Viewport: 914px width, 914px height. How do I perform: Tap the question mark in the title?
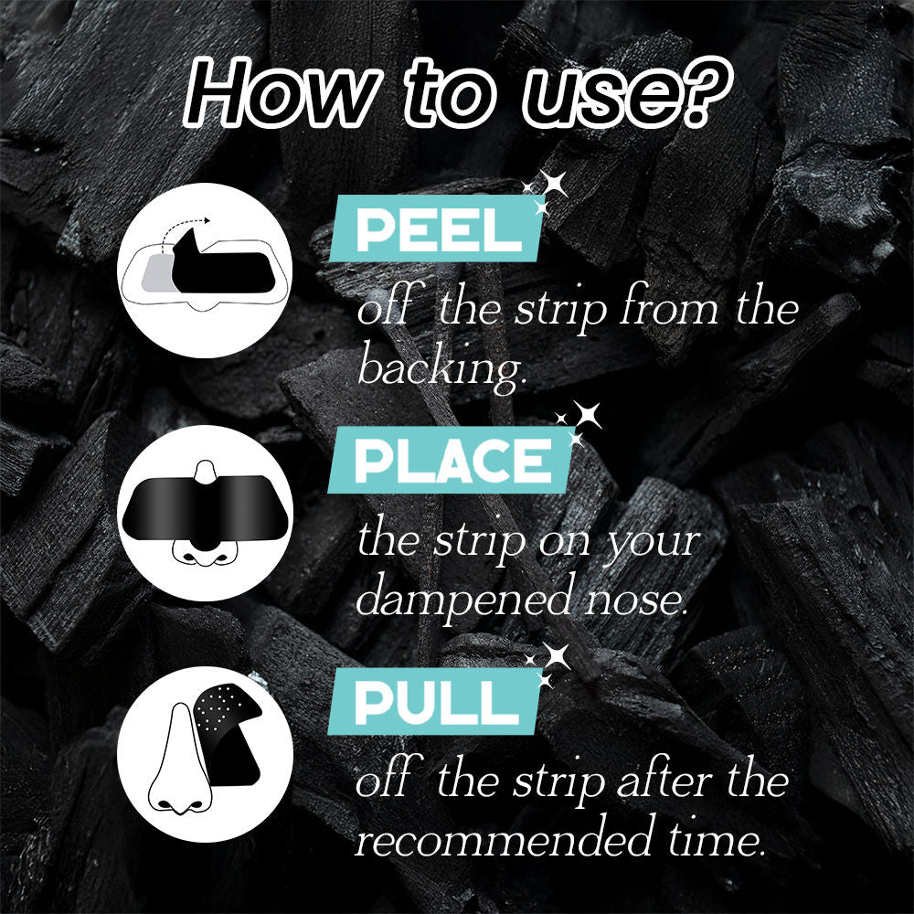click(706, 92)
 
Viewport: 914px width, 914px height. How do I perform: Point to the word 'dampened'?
click(464, 600)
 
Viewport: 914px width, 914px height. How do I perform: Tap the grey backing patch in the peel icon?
click(157, 272)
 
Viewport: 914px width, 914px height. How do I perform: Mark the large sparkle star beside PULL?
click(556, 656)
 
